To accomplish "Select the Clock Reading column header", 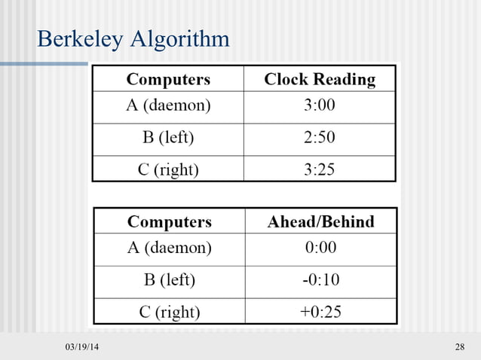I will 320,79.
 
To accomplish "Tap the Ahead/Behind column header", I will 321,222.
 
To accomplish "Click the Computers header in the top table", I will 168,79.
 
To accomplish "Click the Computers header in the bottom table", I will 170,222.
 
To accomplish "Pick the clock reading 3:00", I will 320,105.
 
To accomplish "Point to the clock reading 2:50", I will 320,138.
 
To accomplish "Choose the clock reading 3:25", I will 320,169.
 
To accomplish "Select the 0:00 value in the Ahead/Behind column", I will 320,247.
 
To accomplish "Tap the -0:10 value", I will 320,280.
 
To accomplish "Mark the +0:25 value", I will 320,312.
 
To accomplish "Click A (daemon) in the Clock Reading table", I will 168,105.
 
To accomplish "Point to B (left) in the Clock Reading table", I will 168,138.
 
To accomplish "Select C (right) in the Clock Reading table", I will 168,169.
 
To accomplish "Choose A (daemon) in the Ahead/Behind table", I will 170,247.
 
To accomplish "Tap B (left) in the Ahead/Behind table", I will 170,280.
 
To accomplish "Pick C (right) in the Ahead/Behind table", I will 170,312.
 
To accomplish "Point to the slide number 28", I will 460,346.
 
